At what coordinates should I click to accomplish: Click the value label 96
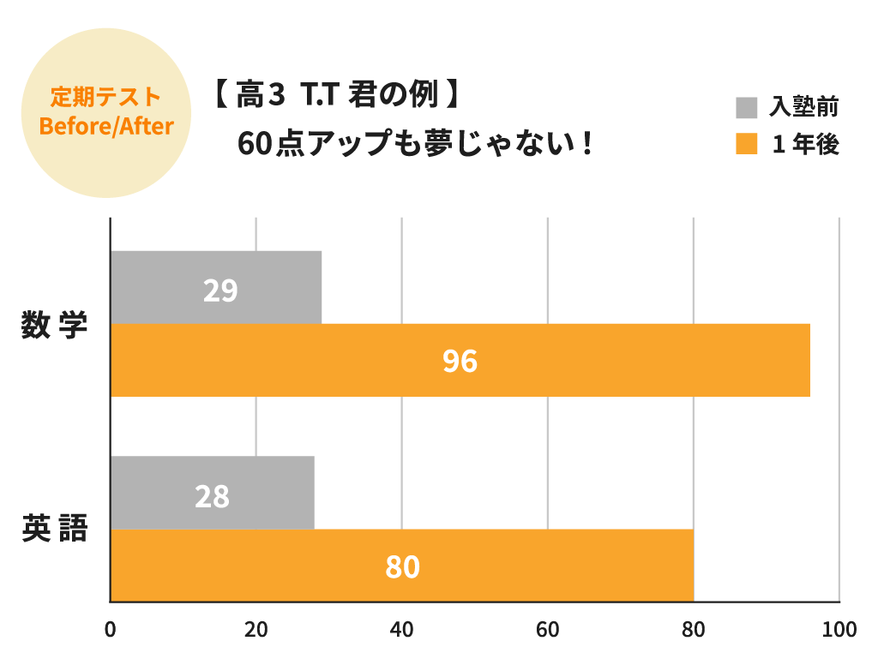(x=460, y=362)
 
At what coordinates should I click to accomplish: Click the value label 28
(x=212, y=496)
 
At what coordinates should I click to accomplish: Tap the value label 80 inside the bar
(x=402, y=567)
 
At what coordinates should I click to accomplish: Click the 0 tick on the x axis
(x=110, y=630)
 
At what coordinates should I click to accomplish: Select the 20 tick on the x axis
(x=256, y=630)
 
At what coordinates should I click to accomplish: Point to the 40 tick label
(x=401, y=630)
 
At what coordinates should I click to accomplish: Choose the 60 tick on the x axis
(x=547, y=630)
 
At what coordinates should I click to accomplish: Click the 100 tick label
(x=839, y=630)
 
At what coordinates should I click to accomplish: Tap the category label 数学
(x=55, y=326)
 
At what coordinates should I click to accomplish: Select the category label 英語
(x=55, y=530)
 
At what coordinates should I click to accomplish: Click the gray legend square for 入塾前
(x=747, y=108)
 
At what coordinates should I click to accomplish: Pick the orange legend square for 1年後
(x=747, y=144)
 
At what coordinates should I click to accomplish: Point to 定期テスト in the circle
(x=106, y=95)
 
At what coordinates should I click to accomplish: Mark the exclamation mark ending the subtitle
(x=586, y=143)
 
